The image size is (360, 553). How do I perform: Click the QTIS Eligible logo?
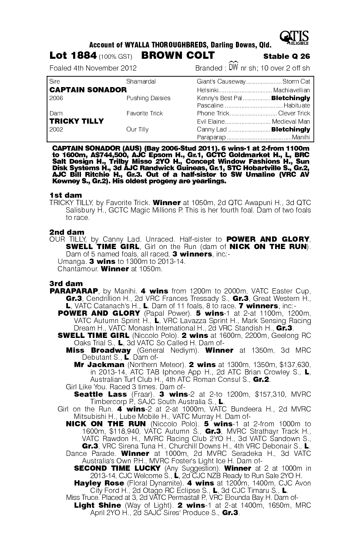(295, 38)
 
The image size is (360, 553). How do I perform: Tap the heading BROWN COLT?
(178, 56)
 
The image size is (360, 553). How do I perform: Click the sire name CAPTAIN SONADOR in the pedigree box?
(88, 90)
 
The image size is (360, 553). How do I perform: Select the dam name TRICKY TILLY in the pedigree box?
(77, 121)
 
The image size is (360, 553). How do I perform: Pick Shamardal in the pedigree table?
(141, 81)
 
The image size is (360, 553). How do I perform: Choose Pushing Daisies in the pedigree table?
(148, 98)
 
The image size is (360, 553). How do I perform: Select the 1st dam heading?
(65, 195)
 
